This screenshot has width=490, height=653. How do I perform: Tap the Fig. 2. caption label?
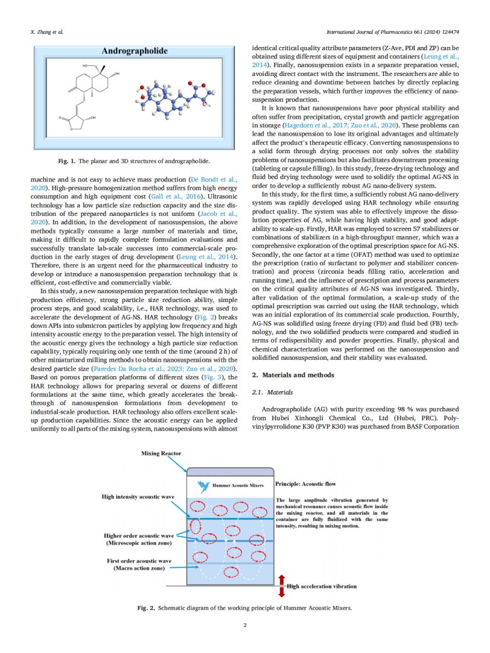pyautogui.click(x=147, y=608)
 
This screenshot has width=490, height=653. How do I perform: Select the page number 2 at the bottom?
pyautogui.click(x=245, y=625)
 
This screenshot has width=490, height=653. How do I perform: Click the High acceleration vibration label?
pyautogui.click(x=322, y=586)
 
